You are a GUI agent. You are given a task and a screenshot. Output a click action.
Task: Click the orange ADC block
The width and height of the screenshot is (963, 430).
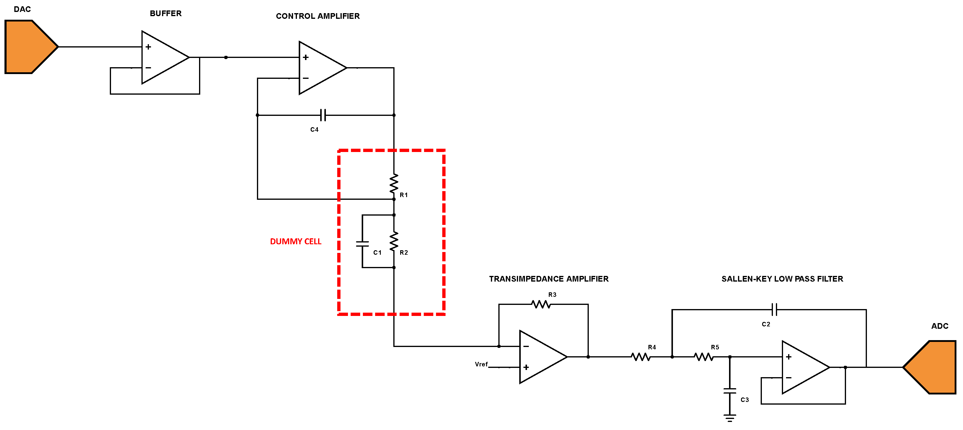tap(933, 367)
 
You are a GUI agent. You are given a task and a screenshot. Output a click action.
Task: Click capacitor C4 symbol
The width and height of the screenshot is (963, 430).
tap(323, 115)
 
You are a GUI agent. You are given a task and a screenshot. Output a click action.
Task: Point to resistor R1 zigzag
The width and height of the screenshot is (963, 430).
tap(394, 183)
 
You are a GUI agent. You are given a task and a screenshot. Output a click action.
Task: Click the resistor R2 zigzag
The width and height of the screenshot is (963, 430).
tap(394, 241)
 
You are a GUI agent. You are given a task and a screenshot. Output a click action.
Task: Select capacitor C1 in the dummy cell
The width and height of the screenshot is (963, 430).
tap(362, 244)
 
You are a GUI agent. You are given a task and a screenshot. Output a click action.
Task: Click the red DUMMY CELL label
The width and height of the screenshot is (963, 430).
tap(295, 242)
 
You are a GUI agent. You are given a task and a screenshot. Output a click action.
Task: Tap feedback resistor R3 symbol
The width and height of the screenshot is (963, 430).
tap(541, 304)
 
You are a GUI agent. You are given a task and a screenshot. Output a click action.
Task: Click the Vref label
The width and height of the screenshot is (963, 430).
tap(481, 364)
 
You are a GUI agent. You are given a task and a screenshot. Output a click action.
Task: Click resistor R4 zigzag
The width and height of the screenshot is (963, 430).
tap(641, 357)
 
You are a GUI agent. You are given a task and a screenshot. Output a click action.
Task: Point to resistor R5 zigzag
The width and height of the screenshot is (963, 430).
tap(704, 357)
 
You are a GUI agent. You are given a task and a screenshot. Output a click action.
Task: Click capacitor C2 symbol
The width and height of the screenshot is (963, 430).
tap(774, 310)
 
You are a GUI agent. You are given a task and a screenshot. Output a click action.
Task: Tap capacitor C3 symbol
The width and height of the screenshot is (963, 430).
tap(729, 391)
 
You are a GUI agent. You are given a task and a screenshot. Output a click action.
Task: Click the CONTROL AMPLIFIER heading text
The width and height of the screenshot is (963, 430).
tap(318, 16)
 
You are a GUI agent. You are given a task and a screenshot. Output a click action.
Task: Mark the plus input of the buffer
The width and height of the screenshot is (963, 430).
tap(148, 47)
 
